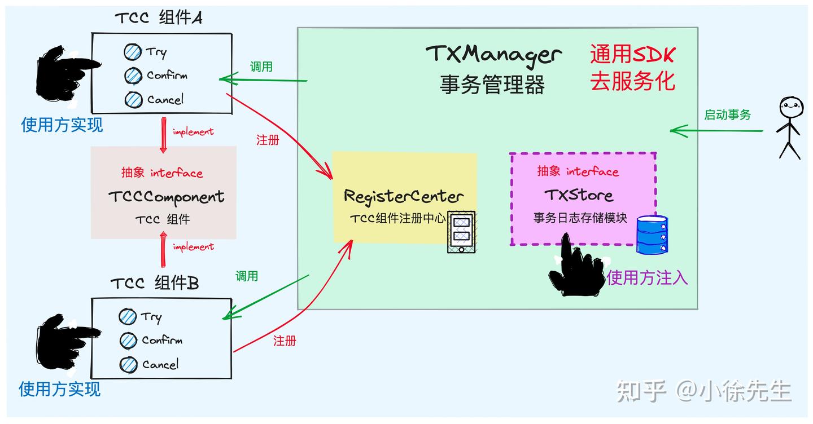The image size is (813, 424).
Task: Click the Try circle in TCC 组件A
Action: [133, 52]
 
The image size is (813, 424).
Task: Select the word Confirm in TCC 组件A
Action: [167, 75]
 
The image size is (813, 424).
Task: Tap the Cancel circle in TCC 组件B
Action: [129, 365]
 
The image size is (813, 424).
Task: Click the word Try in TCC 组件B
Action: [151, 317]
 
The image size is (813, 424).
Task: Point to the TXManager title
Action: [493, 55]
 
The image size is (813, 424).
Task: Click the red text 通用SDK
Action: [632, 55]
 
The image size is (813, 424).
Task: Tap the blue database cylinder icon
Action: [653, 235]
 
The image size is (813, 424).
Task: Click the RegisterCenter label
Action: [404, 196]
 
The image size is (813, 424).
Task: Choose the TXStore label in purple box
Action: [579, 195]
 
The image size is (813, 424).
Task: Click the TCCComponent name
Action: [166, 197]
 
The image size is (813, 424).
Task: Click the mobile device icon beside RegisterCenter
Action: [461, 232]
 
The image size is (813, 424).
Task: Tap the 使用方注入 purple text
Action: [648, 277]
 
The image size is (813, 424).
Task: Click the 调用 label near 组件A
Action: [261, 67]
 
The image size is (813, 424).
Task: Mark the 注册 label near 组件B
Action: [285, 341]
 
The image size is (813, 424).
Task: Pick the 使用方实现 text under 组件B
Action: [59, 388]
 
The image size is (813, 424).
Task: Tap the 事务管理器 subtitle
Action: [492, 85]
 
